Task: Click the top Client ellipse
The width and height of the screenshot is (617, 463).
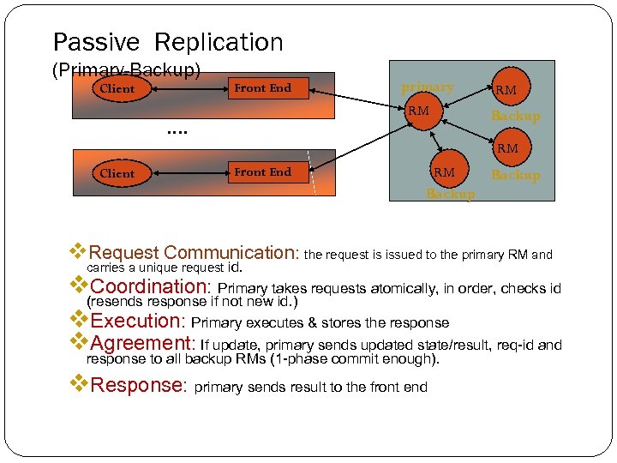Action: click(x=117, y=88)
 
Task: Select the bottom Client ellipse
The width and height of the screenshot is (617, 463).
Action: click(x=117, y=173)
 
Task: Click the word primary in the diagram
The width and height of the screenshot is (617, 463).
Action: click(x=428, y=87)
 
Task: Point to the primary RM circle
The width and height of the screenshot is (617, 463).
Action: click(x=418, y=111)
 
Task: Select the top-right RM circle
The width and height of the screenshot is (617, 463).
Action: click(x=506, y=88)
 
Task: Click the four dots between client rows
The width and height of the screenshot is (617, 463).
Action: click(x=177, y=131)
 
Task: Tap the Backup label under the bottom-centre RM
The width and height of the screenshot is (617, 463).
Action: click(x=451, y=194)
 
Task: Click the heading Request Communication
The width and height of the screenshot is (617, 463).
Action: click(x=193, y=253)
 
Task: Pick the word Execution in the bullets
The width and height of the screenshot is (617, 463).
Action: click(x=137, y=322)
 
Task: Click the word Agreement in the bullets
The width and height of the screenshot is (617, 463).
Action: click(x=143, y=344)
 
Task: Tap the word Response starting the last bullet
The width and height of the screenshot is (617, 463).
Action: click(x=138, y=385)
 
